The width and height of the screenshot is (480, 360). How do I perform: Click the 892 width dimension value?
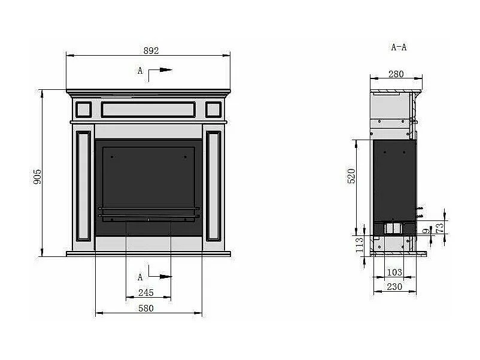pos(151,50)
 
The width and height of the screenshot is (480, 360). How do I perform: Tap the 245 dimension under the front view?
pos(146,292)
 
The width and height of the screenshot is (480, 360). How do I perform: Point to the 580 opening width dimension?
pos(146,308)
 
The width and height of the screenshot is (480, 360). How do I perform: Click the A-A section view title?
pos(399,47)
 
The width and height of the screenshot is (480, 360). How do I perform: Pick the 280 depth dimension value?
pos(396,74)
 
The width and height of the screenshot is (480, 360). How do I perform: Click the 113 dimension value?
pos(360,246)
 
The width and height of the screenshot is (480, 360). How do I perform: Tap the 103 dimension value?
pos(394,272)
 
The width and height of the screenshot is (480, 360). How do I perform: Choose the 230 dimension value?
pos(394,287)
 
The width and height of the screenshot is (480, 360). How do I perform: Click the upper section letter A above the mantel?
pos(140,71)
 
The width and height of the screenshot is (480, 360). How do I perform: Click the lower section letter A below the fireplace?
pos(140,277)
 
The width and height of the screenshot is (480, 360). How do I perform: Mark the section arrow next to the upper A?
pos(162,70)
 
